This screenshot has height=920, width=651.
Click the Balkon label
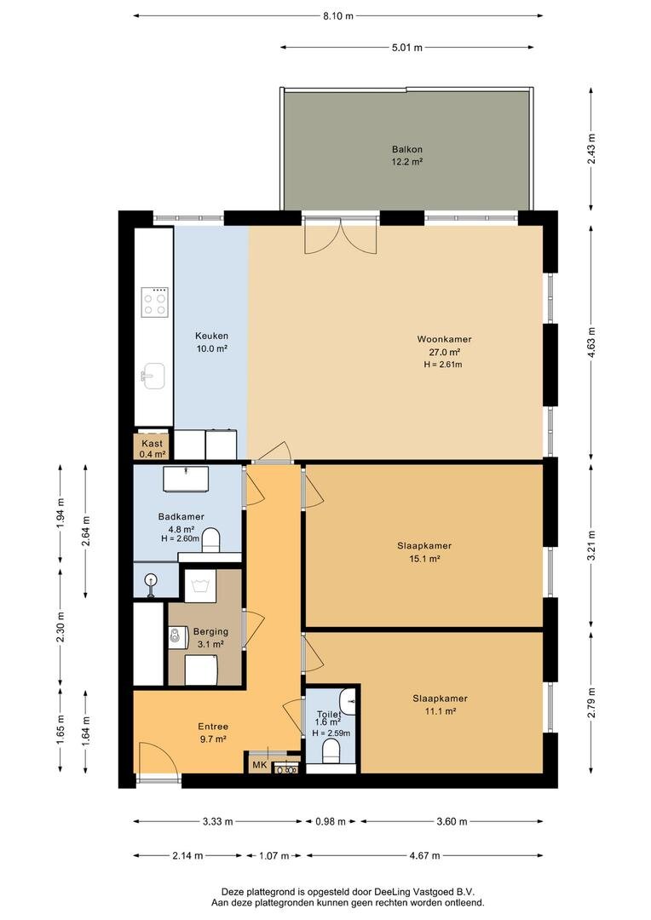pyautogui.click(x=407, y=149)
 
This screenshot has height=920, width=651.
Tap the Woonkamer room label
pyautogui.click(x=445, y=339)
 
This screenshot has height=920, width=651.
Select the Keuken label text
pyautogui.click(x=211, y=336)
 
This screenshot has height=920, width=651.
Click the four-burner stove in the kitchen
pyautogui.click(x=154, y=302)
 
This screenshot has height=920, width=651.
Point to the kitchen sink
pyautogui.click(x=153, y=376)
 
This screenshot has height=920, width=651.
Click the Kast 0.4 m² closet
pyautogui.click(x=153, y=448)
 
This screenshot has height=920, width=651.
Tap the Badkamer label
pyautogui.click(x=181, y=516)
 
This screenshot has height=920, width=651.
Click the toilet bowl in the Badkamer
pyautogui.click(x=210, y=540)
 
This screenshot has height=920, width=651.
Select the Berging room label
pyautogui.click(x=210, y=631)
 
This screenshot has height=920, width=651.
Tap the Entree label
pyautogui.click(x=213, y=727)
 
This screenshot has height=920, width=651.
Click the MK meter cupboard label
pyautogui.click(x=259, y=765)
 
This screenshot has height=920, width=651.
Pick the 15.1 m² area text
pyautogui.click(x=424, y=559)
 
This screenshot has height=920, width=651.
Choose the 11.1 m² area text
pyautogui.click(x=441, y=711)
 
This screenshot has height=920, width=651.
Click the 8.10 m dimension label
pyautogui.click(x=338, y=16)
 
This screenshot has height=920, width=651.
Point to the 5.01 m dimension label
pyautogui.click(x=406, y=48)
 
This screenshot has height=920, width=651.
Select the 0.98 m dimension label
pyautogui.click(x=331, y=821)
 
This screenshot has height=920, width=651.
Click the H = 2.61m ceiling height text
pyautogui.click(x=443, y=365)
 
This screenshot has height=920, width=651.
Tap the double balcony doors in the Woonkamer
pyautogui.click(x=340, y=235)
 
